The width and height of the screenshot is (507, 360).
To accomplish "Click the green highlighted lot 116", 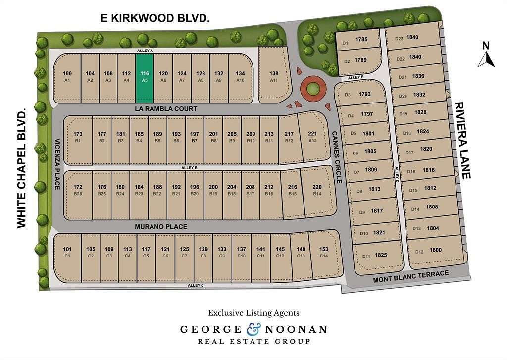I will tap(145, 77).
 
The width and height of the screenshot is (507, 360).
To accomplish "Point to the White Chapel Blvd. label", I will tap(21, 169).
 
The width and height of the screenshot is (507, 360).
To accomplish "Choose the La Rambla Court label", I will tap(166, 108).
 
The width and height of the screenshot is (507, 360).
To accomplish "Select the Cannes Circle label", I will tap(337, 157).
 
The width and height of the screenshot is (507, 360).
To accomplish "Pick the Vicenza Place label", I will tap(57, 163).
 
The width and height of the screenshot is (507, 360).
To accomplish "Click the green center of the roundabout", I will tap(313, 89).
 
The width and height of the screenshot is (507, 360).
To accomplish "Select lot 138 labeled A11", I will tap(274, 76).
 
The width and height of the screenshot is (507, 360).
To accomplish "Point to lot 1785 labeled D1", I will tap(356, 41).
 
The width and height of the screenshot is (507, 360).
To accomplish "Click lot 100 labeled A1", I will tap(67, 77).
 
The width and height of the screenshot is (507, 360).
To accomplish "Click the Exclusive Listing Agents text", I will tap(253, 313).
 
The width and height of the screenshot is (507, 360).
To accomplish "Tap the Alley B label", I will tap(190, 168).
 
